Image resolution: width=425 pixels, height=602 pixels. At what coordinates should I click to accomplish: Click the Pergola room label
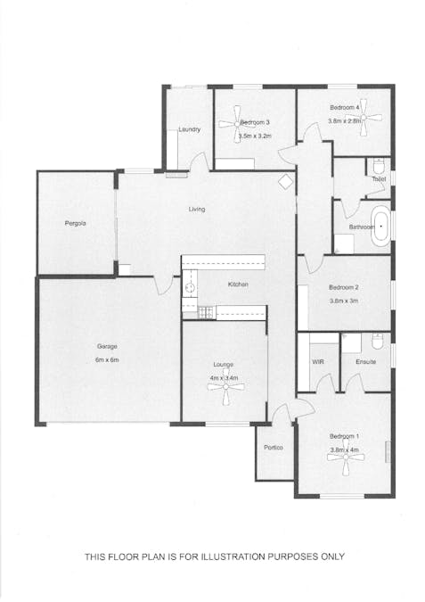click(75, 224)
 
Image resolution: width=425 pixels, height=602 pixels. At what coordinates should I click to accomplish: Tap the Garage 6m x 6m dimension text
click(107, 360)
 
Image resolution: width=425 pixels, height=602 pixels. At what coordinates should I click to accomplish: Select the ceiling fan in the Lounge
click(226, 388)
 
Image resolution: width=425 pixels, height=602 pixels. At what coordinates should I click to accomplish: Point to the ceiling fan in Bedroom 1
click(346, 457)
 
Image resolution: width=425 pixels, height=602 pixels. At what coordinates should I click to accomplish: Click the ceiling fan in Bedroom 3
click(236, 124)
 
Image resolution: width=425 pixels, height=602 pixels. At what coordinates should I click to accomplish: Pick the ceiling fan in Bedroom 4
click(363, 117)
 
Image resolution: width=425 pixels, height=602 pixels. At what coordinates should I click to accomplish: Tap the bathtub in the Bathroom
click(380, 227)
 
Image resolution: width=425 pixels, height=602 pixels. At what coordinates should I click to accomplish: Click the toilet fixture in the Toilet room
click(379, 166)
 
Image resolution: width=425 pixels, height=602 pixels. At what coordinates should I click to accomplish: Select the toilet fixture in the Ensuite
click(378, 341)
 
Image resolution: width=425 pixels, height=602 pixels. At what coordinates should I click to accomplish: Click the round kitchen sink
click(190, 287)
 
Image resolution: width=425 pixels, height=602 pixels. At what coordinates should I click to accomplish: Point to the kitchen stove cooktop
click(206, 312)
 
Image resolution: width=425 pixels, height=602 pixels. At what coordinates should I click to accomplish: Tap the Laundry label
click(190, 130)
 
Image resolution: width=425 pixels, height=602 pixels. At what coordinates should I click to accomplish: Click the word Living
click(197, 210)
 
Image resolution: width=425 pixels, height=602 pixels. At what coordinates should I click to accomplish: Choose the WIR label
click(318, 362)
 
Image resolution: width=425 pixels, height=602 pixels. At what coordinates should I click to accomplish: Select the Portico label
click(274, 448)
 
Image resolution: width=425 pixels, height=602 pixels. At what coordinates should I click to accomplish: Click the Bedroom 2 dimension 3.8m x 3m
click(344, 301)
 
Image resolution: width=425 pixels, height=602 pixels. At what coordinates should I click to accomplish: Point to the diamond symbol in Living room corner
click(285, 182)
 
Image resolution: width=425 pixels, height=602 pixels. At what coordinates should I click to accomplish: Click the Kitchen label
click(238, 285)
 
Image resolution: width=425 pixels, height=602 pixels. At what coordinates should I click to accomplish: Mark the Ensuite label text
click(366, 362)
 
